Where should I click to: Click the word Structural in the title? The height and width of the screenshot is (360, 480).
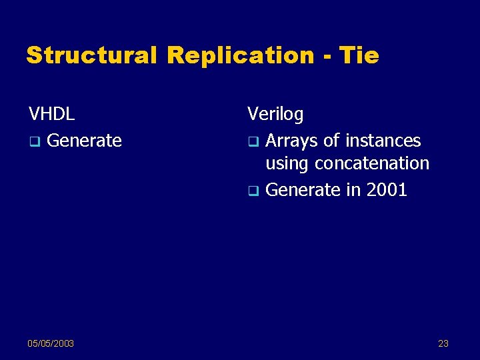pos(91,55)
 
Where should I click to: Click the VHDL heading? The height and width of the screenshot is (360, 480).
pos(51,114)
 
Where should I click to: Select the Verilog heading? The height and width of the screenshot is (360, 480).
pos(275,115)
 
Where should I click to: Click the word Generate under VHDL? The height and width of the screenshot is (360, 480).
pos(85,141)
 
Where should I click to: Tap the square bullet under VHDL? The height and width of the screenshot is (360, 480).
pos(34,141)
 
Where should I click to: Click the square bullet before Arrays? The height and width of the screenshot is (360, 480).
pos(253,141)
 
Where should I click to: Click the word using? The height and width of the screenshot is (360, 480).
pos(287,164)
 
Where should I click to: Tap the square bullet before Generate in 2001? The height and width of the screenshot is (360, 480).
pos(253,191)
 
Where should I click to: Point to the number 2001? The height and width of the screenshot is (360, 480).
pos(386,190)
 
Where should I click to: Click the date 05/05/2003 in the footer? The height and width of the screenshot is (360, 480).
pos(51,343)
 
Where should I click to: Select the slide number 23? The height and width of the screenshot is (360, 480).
pos(443,343)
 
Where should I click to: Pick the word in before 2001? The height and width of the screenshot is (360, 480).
pos(353,190)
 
